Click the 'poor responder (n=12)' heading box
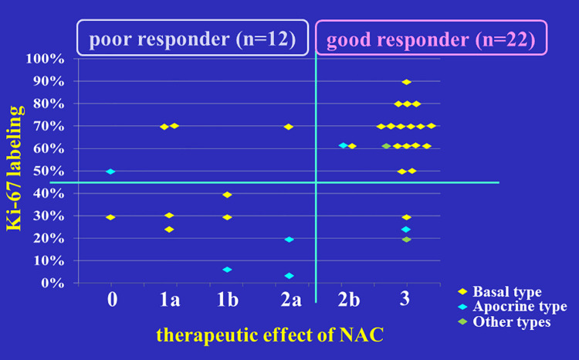tap(192, 38)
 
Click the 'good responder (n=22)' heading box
tap(431, 38)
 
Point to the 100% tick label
tap(45, 59)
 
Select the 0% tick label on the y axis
tap(52, 283)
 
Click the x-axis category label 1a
tap(170, 300)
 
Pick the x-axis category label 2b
tap(349, 300)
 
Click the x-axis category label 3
tap(405, 299)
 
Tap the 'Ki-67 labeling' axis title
tap(15, 168)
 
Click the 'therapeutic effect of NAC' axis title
tap(270, 335)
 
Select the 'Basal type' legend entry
tap(499, 291)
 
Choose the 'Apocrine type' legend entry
tap(512, 307)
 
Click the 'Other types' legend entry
tap(504, 321)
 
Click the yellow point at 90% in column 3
tap(406, 82)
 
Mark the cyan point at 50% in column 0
tap(110, 172)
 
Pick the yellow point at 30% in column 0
tap(110, 217)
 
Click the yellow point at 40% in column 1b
tap(227, 195)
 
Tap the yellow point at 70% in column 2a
tap(289, 127)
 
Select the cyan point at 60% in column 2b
tap(343, 146)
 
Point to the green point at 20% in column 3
tap(406, 239)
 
